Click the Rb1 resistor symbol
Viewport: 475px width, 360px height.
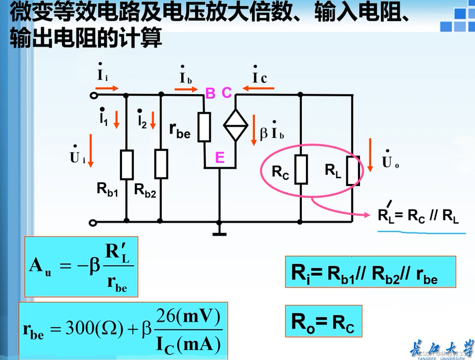(x=127, y=165)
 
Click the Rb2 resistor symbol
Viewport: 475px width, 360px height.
(x=161, y=164)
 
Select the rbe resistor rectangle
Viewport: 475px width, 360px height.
(x=204, y=127)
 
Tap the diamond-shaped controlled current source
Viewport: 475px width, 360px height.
(x=235, y=125)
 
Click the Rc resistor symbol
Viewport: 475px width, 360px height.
(x=301, y=169)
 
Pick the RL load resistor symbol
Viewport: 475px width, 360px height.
(x=353, y=171)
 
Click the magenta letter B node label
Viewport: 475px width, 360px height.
(x=210, y=93)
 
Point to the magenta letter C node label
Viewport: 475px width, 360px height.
(x=227, y=93)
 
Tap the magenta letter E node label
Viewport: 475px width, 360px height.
(x=220, y=158)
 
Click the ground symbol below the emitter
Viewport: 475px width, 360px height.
(x=219, y=234)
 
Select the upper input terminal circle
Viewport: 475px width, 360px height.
(x=93, y=96)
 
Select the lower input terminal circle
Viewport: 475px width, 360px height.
(x=93, y=223)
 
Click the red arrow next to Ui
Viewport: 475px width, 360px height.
(x=91, y=151)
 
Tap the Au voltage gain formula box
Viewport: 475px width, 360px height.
(x=81, y=267)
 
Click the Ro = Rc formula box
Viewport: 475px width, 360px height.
(x=323, y=321)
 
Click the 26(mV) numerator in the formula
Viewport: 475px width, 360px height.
(x=188, y=316)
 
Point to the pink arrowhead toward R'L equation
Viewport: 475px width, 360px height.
(x=366, y=215)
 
